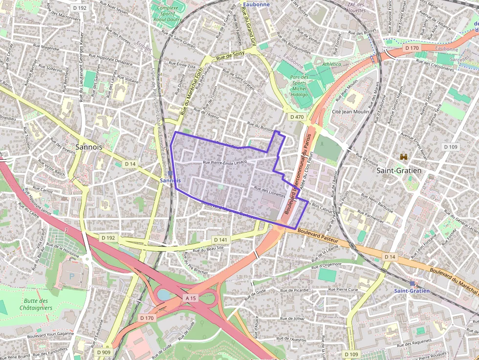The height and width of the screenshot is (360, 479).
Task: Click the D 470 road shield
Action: pyautogui.click(x=296, y=117)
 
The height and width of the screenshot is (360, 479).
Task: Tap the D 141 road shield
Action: pyautogui.click(x=221, y=240)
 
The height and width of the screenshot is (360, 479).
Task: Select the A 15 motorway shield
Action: pyautogui.click(x=191, y=297)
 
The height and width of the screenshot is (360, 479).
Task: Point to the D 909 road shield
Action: pyautogui.click(x=103, y=352)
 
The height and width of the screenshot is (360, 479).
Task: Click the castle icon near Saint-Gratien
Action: pyautogui.click(x=404, y=157)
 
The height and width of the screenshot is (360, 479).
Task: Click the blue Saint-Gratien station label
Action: pyautogui.click(x=412, y=291)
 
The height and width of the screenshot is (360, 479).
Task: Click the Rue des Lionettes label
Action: pyautogui.click(x=269, y=191)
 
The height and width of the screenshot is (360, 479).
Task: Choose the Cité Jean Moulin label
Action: pyautogui.click(x=350, y=111)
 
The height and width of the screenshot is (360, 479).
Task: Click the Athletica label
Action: pyautogui.click(x=332, y=64)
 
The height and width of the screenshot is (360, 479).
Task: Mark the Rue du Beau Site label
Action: pyautogui.click(x=209, y=249)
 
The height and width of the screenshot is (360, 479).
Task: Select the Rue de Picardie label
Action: pyautogui.click(x=295, y=290)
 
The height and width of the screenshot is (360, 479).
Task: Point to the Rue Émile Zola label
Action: pyautogui.click(x=182, y=64)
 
